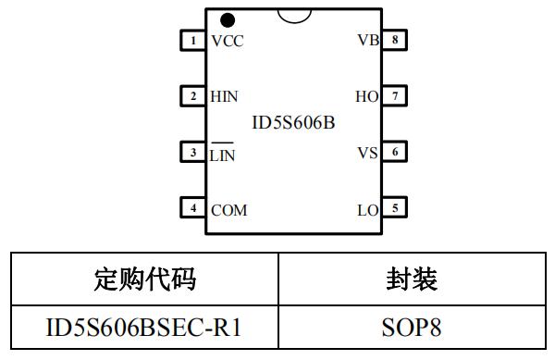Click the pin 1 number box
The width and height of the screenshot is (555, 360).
click(x=192, y=41)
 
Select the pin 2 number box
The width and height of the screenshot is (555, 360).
click(x=192, y=96)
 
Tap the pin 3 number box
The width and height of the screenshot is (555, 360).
click(x=192, y=152)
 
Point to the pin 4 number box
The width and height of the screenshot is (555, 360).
click(x=192, y=208)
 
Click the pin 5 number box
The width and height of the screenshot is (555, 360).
click(x=395, y=208)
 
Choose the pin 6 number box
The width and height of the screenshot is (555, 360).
click(x=395, y=152)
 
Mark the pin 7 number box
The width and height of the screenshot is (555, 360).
click(x=395, y=96)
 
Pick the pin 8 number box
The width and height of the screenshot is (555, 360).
click(x=395, y=41)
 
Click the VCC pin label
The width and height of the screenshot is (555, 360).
click(x=227, y=42)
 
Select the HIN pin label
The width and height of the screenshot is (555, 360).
click(x=225, y=96)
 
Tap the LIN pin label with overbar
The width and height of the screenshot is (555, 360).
click(x=223, y=155)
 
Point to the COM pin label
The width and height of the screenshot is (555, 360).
click(x=228, y=210)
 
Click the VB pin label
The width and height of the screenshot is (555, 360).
click(x=367, y=42)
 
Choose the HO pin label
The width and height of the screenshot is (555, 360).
click(x=366, y=96)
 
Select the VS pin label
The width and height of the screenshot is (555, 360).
click(x=367, y=153)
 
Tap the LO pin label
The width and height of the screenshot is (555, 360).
click(x=367, y=210)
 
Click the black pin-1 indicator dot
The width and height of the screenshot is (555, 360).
click(x=227, y=19)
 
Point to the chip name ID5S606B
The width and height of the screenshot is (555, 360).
click(x=293, y=122)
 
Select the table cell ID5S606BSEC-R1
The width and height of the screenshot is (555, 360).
click(x=144, y=327)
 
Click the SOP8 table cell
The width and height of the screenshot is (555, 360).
click(x=412, y=327)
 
